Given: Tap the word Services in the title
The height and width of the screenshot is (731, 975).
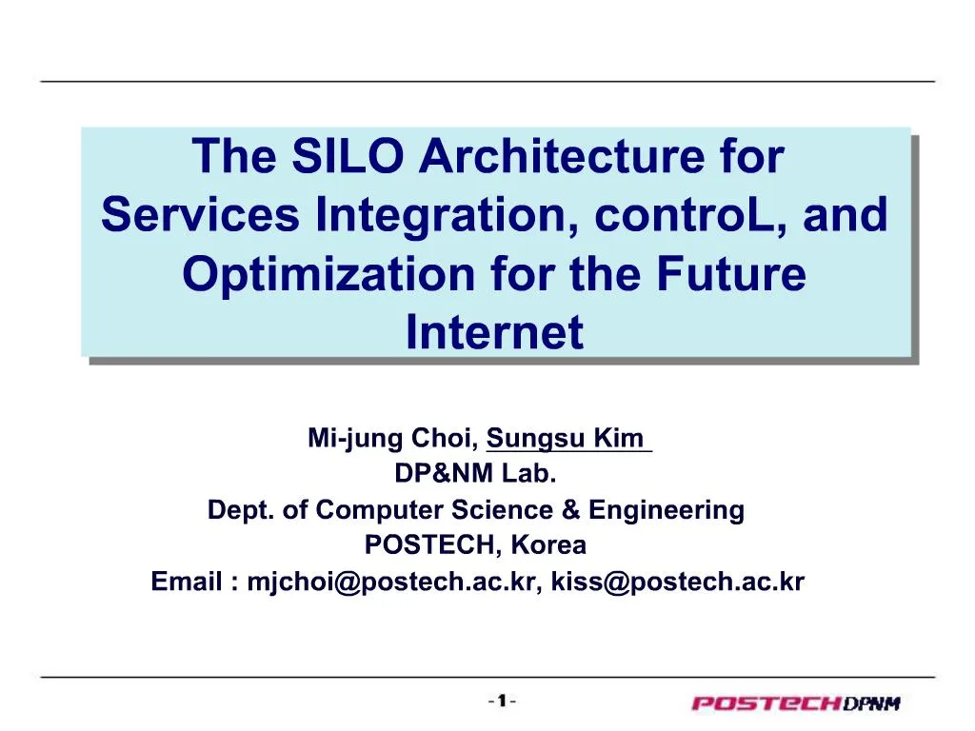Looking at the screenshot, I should coord(199,216).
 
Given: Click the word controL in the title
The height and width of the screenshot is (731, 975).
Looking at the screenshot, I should coord(691,216).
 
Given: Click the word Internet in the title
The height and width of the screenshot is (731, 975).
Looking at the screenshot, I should coord(494,333).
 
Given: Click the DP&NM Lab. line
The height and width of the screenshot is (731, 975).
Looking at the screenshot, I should coord(475,474).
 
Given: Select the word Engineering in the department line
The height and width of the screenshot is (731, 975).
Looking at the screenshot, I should coord(666,510).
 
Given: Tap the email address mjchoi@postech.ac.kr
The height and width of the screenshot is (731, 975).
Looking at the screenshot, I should coord(391,582).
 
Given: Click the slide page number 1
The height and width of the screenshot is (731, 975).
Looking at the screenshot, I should coord(501,701).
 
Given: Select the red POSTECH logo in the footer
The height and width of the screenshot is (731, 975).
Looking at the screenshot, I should coord(766,704).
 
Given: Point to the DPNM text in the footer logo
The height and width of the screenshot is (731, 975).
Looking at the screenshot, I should coord(870,704).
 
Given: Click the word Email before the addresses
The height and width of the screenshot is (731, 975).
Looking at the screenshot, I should coord(187,582).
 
